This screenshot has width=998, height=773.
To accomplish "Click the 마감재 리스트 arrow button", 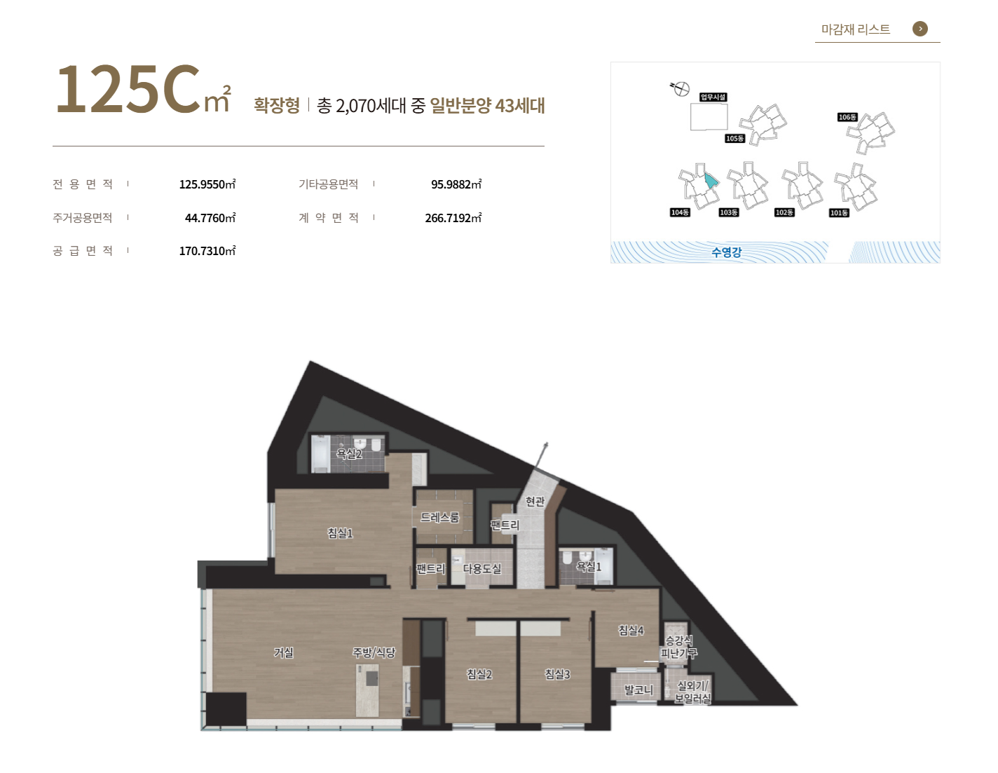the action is (x=920, y=29).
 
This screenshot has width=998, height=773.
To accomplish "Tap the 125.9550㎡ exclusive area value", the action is (x=207, y=184).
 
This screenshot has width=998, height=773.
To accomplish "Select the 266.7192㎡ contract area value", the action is (x=453, y=217).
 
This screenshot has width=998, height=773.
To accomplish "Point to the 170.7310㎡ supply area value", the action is (x=207, y=251).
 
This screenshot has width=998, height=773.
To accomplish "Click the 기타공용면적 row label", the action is (x=328, y=184).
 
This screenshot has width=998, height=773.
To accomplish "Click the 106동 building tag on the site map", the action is (x=847, y=117).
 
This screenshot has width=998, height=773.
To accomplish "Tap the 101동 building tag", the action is (x=839, y=212).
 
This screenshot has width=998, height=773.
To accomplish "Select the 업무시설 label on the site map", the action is (x=713, y=97).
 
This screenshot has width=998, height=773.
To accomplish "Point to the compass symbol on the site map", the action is (x=681, y=88).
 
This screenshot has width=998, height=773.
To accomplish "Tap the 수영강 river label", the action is (x=726, y=252).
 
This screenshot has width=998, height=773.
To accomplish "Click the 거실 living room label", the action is (x=283, y=652).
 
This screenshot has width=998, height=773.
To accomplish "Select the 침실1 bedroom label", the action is (x=340, y=533).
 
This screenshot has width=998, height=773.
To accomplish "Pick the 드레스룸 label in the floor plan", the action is (x=439, y=517).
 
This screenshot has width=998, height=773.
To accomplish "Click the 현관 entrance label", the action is (x=535, y=501).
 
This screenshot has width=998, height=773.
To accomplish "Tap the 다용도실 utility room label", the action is (x=481, y=569).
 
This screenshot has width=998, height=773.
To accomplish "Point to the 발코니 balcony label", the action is (x=638, y=690).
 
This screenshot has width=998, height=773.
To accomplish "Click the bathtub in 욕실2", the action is (x=320, y=454).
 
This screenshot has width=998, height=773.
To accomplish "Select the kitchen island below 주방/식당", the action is (x=367, y=690).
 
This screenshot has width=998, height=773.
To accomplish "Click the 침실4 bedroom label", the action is (x=631, y=630).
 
